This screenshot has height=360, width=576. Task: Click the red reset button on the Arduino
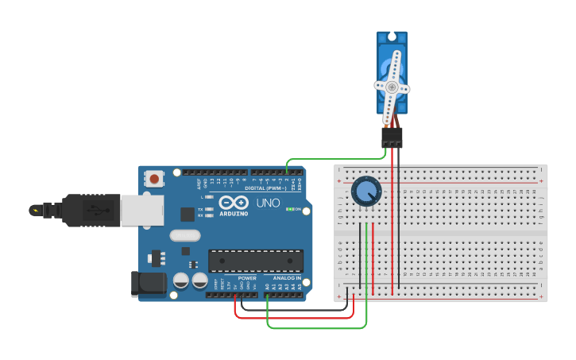[x=154, y=179]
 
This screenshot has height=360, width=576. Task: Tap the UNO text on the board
[x=269, y=203]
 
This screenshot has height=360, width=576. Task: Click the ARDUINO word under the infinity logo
[x=234, y=213]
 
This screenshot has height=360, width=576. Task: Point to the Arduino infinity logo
[x=234, y=202]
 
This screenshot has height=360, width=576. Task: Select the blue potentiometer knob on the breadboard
[x=366, y=192]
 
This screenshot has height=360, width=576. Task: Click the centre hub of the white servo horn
[x=392, y=87]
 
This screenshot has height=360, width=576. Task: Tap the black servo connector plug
[x=392, y=137]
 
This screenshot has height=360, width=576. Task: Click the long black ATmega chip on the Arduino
[x=256, y=261]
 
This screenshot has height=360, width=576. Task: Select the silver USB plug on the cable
[x=141, y=210]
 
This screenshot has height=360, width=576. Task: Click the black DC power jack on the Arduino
[x=149, y=285]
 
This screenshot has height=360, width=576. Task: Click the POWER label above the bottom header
[x=247, y=278]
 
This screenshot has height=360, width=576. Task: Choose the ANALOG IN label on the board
[x=287, y=278]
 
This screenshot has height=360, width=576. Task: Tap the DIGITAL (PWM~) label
[x=266, y=188]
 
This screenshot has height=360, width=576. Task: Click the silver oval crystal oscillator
[x=185, y=235]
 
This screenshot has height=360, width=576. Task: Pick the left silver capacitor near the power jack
[x=181, y=281]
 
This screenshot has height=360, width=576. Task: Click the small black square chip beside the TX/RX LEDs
[x=187, y=214]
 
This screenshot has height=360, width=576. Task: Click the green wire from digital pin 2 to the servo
[x=334, y=159]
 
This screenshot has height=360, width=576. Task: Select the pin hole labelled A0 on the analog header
[x=268, y=295]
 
